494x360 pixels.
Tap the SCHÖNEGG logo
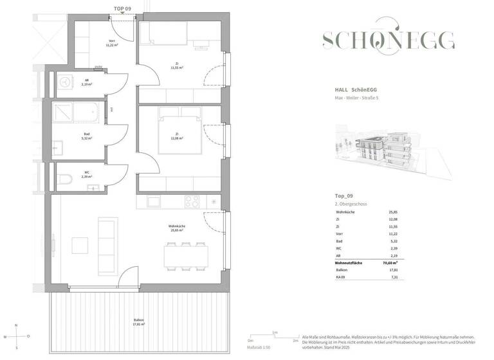tap(389, 40)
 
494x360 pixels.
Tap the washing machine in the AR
tap(64, 82)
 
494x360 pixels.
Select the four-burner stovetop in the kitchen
tap(192, 201)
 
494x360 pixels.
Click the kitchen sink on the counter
tap(154, 202)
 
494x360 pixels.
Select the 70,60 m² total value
tap(390, 263)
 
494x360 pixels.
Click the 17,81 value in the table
tap(393, 271)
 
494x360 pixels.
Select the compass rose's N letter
tap(16, 325)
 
